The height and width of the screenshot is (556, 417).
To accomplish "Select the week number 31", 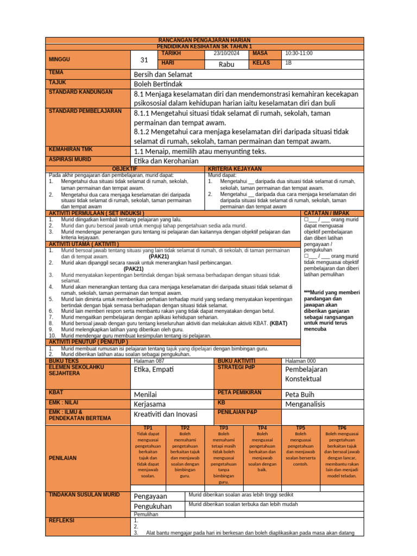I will pos(144,60).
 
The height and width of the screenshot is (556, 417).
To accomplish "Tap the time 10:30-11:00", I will pos(299,54).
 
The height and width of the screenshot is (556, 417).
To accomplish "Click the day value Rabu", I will pos(226,65).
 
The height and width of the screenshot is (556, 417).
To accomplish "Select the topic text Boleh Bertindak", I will pos(161,84).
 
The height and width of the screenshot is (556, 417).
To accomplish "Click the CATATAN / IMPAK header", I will pos(326,213).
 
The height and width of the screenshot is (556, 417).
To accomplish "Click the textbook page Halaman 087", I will pos(148,361).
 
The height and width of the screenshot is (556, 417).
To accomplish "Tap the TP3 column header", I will pos(223,428).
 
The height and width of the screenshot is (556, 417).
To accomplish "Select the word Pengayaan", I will pos(150,496).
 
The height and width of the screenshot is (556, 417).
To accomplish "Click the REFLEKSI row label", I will pos(62,520).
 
